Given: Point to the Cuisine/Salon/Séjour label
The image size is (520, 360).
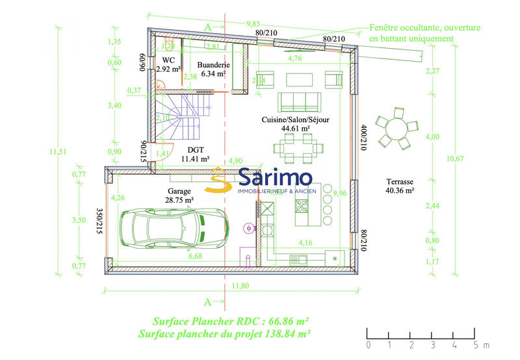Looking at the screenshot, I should (296, 120).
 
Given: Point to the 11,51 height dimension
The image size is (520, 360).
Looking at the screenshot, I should (56, 152).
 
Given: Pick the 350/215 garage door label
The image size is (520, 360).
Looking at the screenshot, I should (99, 220).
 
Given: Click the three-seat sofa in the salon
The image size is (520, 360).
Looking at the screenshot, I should (299, 102).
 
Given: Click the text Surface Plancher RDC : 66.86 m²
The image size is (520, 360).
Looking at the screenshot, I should (230, 321).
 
